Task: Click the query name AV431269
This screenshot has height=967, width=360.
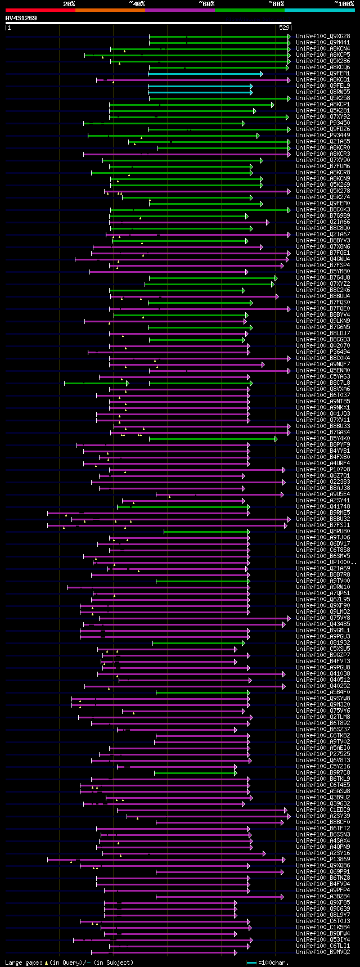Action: tap(21, 18)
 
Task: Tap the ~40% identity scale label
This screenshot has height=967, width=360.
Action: tap(137, 4)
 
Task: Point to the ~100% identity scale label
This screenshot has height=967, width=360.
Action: tap(344, 4)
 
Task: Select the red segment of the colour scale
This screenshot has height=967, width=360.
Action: tap(40, 10)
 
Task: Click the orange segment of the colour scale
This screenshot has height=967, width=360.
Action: tap(110, 10)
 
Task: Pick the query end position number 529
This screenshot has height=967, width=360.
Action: tap(284, 28)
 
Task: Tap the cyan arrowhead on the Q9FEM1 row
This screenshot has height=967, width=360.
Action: tap(261, 74)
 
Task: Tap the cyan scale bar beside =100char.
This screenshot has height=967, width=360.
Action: tap(251, 962)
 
